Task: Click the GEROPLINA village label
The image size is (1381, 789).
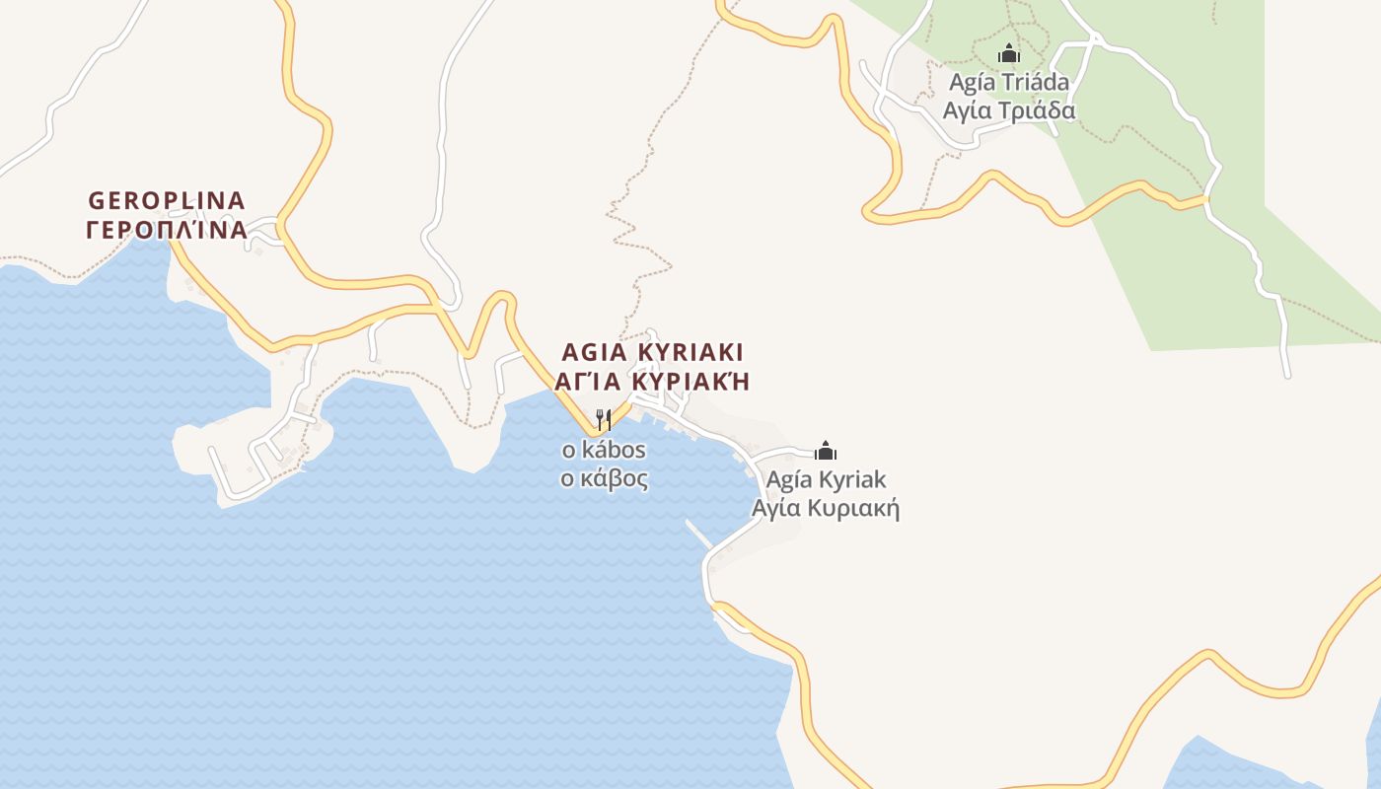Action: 167,200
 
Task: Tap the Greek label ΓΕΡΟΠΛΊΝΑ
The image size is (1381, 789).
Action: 167,231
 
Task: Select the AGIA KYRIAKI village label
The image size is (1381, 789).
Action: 652,352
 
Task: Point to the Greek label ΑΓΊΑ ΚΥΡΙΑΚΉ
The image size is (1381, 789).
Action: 652,382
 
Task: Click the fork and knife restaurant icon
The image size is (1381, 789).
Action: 604,420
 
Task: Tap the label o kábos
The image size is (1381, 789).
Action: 604,451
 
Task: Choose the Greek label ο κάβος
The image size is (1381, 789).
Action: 604,479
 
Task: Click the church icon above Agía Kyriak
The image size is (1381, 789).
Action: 826,451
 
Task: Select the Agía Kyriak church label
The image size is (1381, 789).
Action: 827,480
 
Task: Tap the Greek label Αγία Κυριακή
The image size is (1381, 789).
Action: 827,509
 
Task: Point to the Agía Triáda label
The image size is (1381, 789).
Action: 1008,82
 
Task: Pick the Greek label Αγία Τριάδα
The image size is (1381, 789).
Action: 1008,110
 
